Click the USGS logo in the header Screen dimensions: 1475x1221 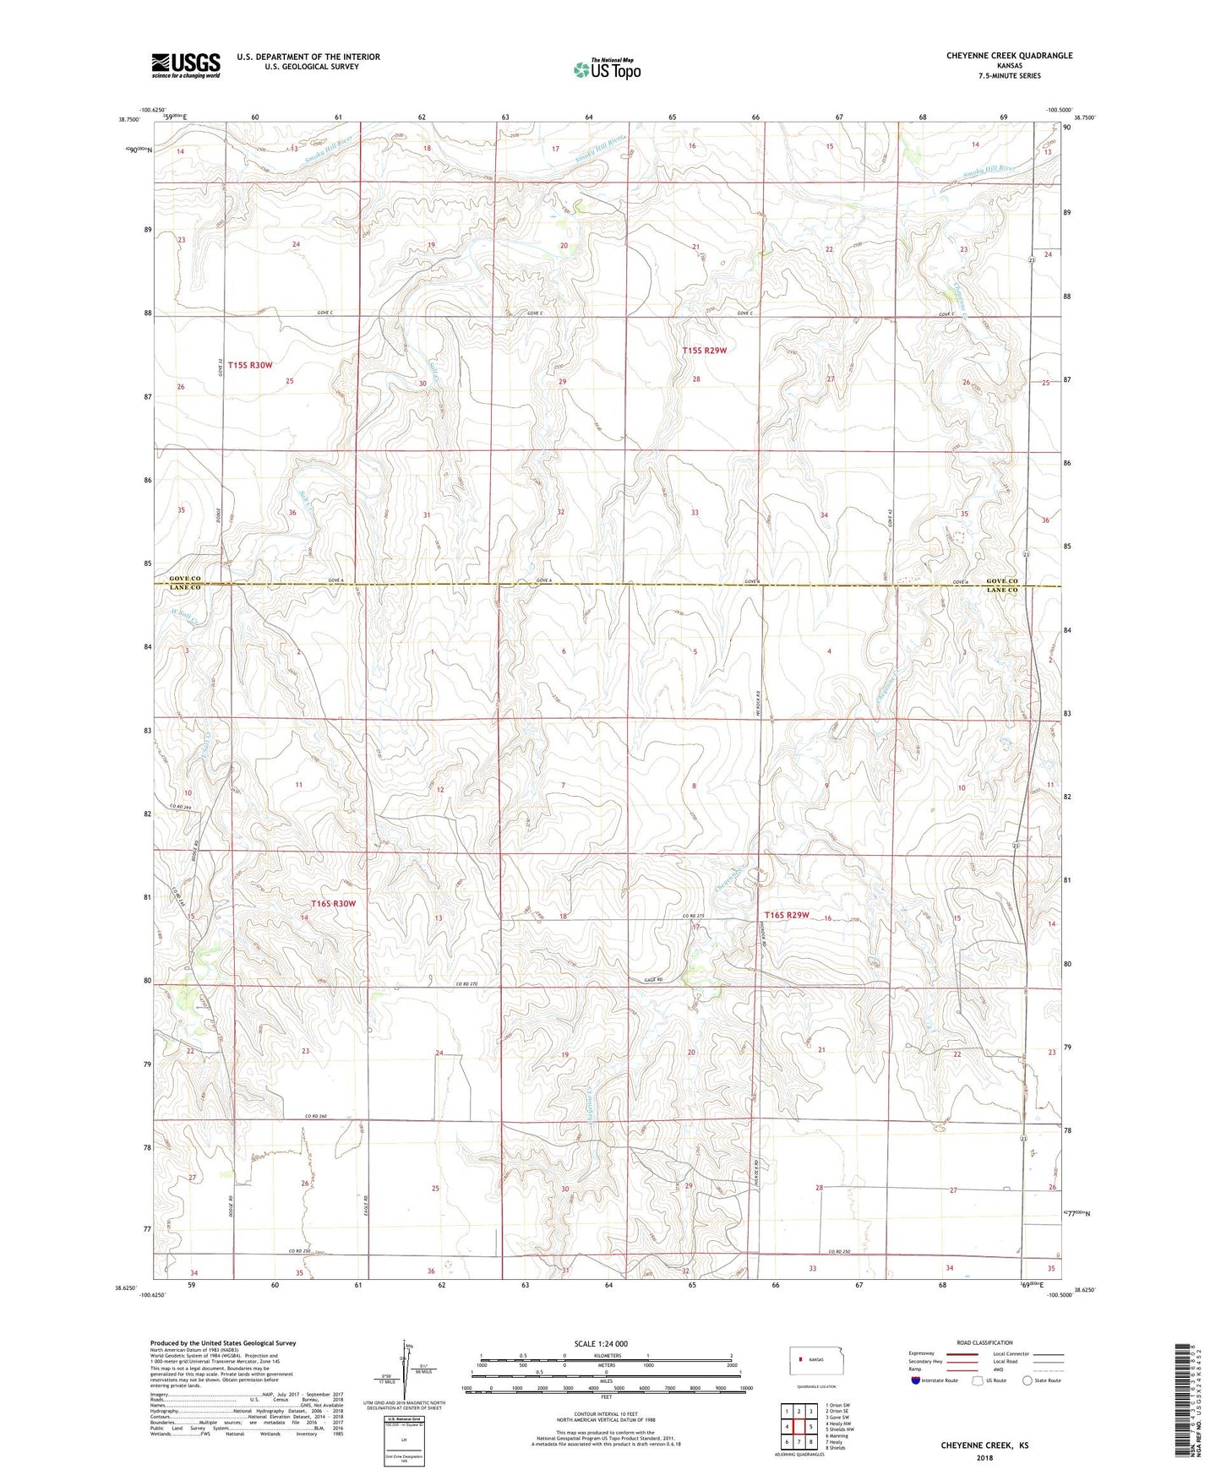186,65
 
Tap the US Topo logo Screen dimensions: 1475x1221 606,69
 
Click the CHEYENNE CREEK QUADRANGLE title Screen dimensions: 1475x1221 1009,56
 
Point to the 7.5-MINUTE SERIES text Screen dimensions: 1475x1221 1010,76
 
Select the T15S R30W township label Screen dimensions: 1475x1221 250,365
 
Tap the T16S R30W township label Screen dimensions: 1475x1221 334,904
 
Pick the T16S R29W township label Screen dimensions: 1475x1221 787,915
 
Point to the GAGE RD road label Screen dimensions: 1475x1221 645,979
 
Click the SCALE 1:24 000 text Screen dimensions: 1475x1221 601,1344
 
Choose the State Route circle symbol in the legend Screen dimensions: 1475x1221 1027,1380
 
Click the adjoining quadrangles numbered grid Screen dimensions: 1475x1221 798,1427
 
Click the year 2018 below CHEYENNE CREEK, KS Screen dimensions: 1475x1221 984,1457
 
